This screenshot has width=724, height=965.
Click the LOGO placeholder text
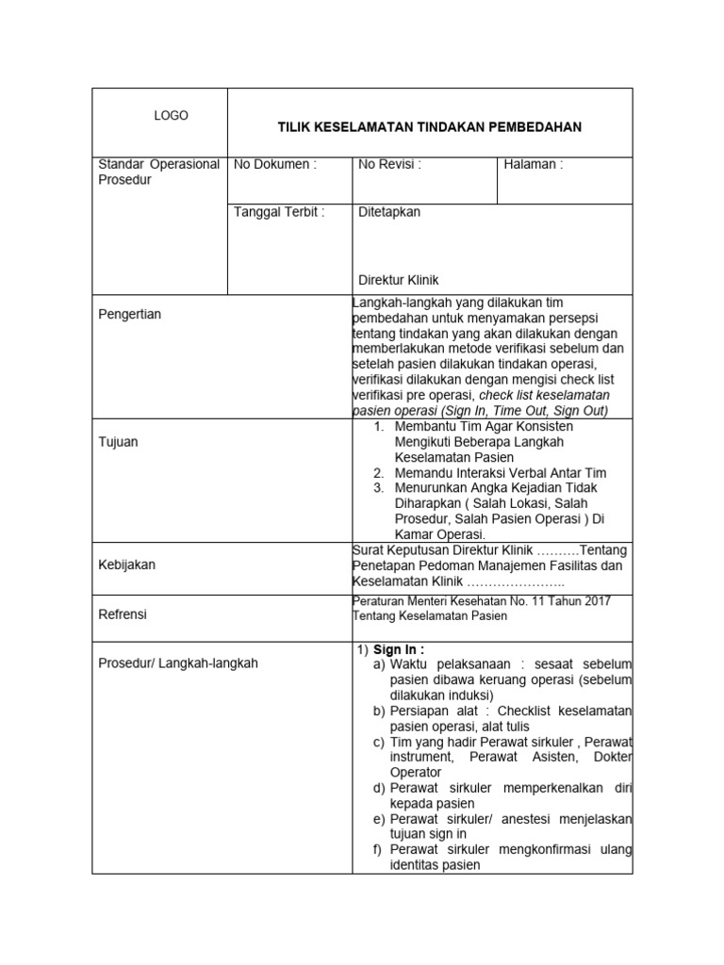tap(171, 116)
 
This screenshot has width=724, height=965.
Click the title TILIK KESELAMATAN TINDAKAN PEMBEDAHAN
tap(429, 126)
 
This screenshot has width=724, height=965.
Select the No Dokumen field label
tap(275, 164)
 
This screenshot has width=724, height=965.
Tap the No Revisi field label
tap(389, 164)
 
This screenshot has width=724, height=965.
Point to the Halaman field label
tap(534, 164)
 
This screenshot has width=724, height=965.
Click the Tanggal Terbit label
tap(279, 212)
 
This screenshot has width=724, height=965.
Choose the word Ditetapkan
tap(389, 212)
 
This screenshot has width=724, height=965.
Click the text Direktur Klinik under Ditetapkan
tap(399, 280)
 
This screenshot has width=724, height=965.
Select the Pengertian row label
tap(130, 314)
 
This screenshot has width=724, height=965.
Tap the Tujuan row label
tap(119, 441)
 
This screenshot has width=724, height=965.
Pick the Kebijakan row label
tap(127, 564)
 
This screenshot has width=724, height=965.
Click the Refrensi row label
tap(123, 614)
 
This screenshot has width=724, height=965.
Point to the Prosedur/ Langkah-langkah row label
tap(178, 662)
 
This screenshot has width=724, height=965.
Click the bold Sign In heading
tap(399, 649)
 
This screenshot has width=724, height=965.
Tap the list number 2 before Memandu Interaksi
tap(378, 472)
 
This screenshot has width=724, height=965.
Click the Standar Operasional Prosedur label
tap(159, 172)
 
